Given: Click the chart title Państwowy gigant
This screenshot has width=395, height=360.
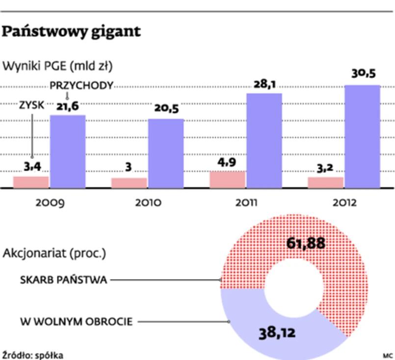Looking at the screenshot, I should pos(72,32).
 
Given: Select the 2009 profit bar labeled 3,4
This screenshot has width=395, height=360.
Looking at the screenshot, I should pos(31,182).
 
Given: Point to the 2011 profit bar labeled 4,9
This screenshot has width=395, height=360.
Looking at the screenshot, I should pos(227,180).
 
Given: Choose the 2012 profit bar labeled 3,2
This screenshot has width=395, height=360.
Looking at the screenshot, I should pos(325,182).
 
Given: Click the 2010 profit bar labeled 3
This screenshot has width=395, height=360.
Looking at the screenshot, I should pos(129,182).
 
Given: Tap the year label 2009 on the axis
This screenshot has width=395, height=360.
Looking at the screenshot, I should pos(50,203).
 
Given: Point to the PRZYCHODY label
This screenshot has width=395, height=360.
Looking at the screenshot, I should pos(82,85).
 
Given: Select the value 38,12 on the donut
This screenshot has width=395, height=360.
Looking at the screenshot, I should pos(277,334).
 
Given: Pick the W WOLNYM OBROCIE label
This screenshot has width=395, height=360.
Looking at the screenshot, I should pos(76,322).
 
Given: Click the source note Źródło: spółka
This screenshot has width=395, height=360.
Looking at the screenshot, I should pos(33,354).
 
